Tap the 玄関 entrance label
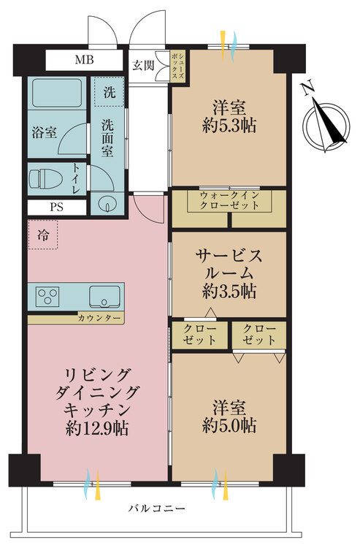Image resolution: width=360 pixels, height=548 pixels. pyautogui.click(x=143, y=65)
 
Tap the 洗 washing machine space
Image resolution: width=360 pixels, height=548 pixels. pyautogui.click(x=109, y=93)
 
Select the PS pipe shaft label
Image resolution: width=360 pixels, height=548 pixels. pyautogui.click(x=56, y=206)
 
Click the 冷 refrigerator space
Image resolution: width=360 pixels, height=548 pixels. pyautogui.click(x=43, y=236)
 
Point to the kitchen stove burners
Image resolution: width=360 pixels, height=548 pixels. pyautogui.click(x=49, y=297)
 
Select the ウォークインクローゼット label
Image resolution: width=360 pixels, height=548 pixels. pyautogui.click(x=229, y=200)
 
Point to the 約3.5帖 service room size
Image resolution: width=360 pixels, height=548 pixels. pyautogui.click(x=229, y=291)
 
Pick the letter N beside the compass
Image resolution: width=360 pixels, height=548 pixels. pyautogui.click(x=307, y=88)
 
